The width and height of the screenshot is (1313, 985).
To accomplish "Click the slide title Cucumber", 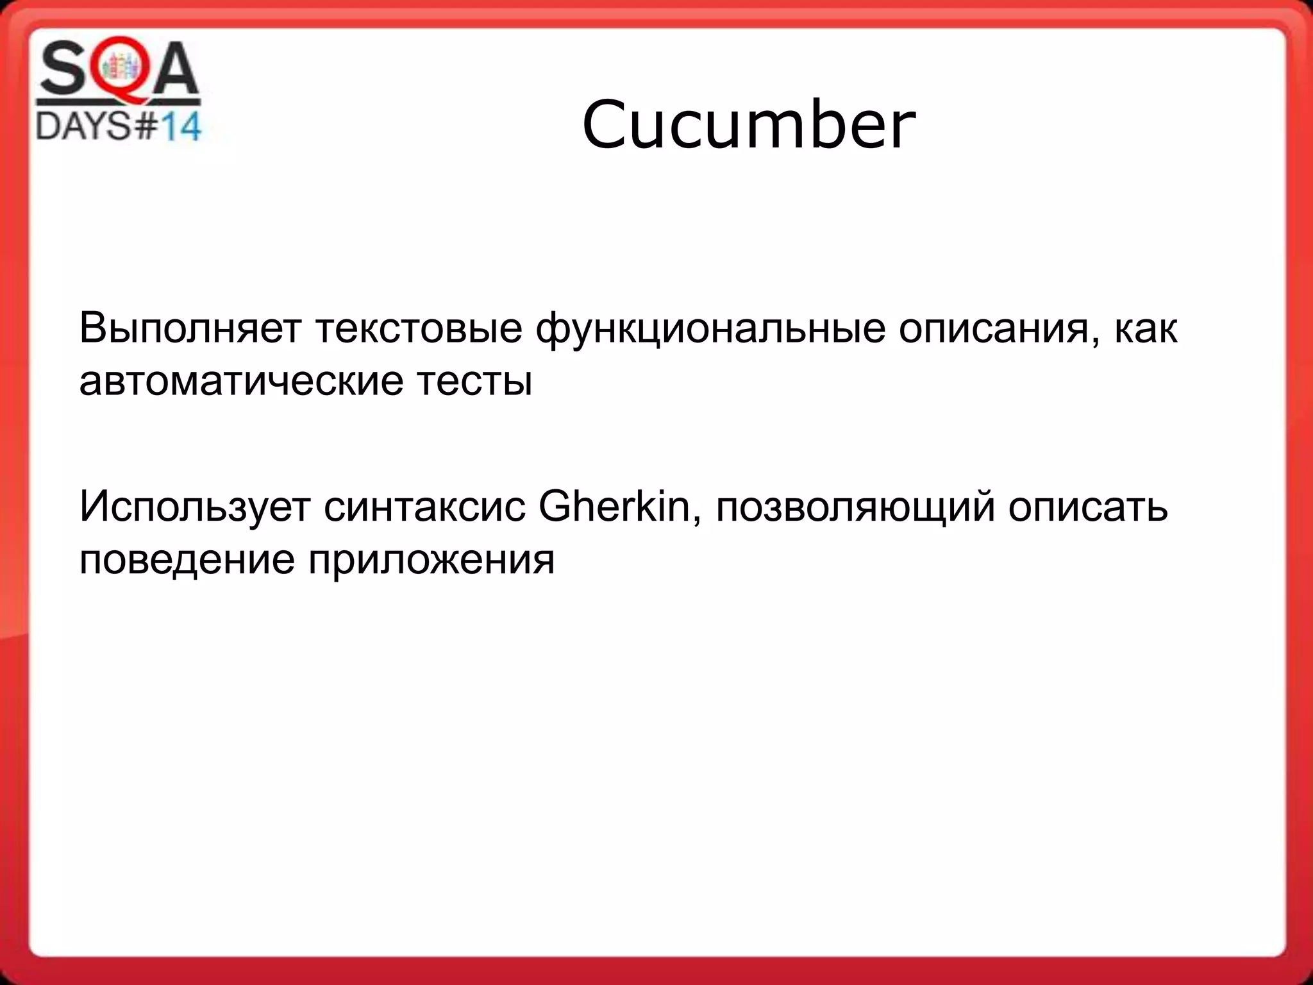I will point(748,125).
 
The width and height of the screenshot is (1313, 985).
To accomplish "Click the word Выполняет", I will point(190,329).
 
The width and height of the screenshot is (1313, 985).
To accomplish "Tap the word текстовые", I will point(419,329).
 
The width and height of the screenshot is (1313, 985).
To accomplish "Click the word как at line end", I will point(1146,329).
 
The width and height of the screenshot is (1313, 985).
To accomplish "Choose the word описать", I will point(1088,507).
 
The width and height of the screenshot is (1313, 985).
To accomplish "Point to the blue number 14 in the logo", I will point(180,127).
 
